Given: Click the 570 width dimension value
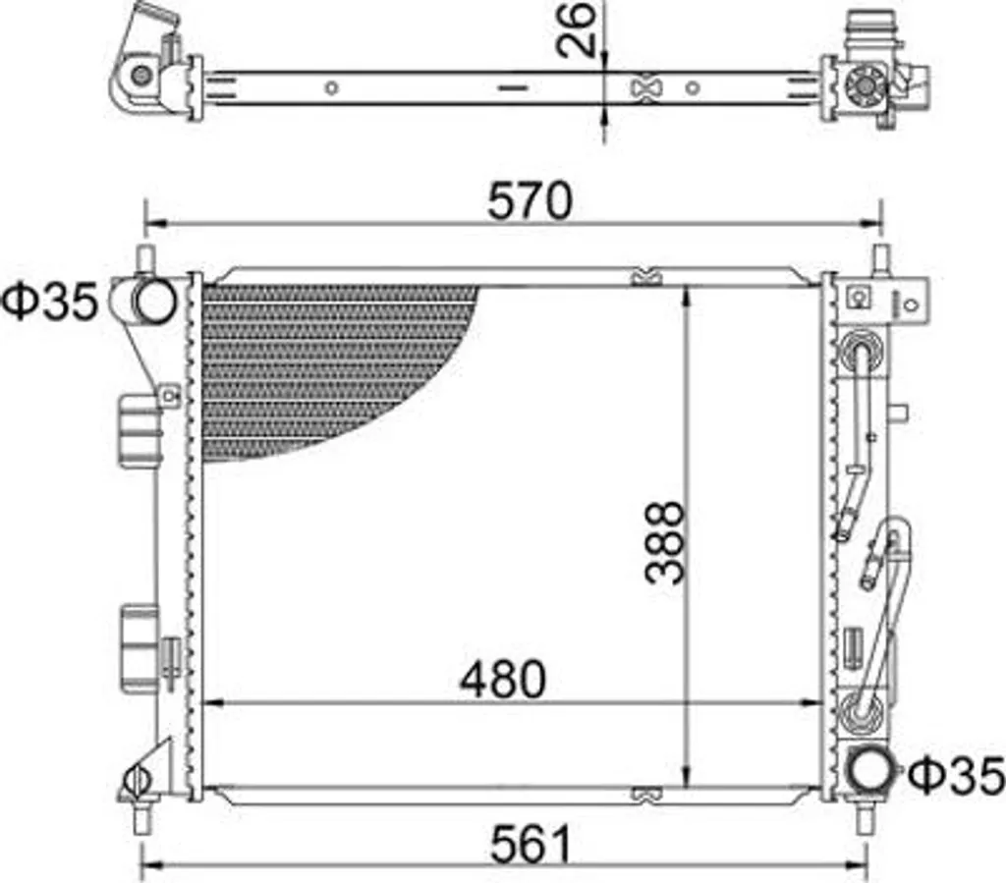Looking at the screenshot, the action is click(x=529, y=200).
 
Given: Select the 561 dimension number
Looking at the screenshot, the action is click(x=531, y=844).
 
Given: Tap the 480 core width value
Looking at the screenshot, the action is click(x=502, y=679).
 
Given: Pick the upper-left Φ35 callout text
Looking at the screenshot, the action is click(x=51, y=301).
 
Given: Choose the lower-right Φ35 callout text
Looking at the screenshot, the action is click(x=956, y=775).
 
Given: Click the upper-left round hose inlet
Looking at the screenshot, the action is click(x=154, y=302).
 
